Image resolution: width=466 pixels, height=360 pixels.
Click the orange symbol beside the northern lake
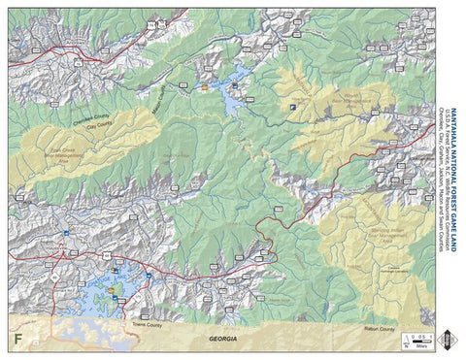205,86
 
